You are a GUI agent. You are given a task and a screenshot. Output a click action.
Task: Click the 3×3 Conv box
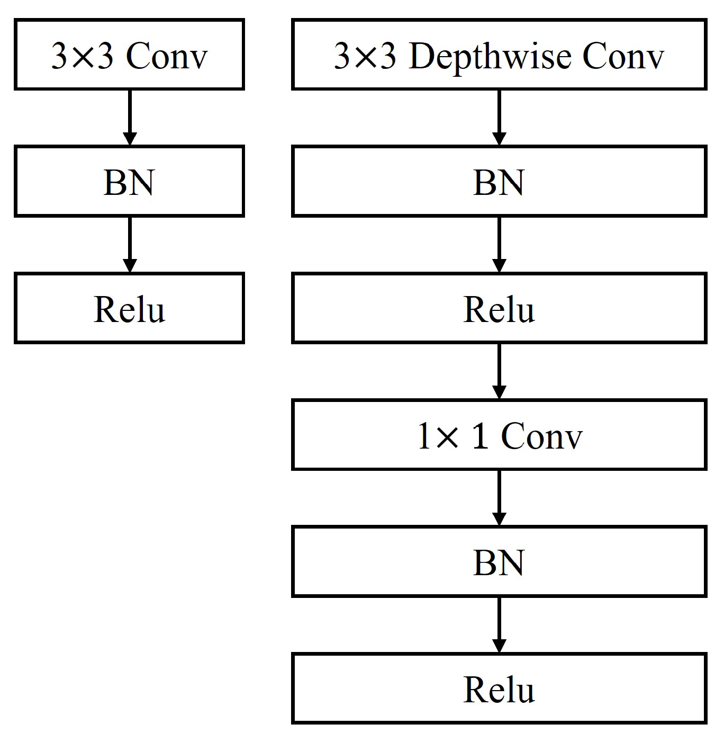[129, 55]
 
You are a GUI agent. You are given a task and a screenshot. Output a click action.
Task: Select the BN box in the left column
[129, 182]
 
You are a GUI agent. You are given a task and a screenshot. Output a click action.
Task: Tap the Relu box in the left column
[129, 308]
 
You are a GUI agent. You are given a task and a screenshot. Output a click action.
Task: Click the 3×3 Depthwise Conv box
[499, 55]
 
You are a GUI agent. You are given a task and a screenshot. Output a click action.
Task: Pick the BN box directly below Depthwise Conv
[499, 182]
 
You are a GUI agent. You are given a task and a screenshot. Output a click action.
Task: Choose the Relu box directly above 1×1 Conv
[499, 308]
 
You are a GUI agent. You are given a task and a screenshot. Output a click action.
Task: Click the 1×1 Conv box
[499, 435]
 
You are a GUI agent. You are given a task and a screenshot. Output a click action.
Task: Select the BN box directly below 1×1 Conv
[499, 561]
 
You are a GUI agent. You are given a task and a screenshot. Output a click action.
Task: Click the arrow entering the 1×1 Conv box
[499, 371]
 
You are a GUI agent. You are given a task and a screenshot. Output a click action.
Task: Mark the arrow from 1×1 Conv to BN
[499, 498]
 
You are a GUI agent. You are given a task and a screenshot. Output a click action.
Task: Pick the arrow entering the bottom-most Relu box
[499, 625]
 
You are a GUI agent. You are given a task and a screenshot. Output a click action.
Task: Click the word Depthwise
[490, 56]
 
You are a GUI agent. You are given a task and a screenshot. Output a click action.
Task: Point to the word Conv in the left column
[166, 56]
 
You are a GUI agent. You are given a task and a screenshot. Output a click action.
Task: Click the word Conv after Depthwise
[623, 56]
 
